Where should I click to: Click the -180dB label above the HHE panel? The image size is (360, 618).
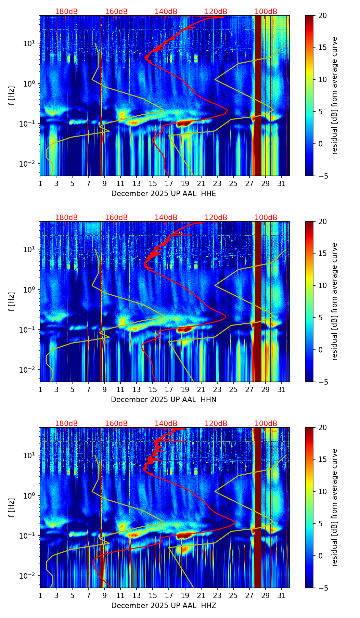65,12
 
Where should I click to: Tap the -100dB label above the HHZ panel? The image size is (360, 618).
265,424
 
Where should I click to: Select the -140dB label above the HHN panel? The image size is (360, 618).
165,218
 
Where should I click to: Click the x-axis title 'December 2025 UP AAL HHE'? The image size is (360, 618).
164,194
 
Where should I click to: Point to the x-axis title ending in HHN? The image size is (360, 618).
164,400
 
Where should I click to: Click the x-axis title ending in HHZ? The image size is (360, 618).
164,606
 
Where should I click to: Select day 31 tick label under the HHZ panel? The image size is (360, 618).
282,595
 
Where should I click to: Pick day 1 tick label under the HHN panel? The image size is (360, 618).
40,389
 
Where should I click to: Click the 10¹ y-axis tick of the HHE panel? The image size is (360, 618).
30,43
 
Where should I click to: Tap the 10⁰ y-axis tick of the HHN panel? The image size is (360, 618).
30,290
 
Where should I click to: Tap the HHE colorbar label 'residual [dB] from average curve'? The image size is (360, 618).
334,95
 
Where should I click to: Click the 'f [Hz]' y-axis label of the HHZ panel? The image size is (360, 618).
12,507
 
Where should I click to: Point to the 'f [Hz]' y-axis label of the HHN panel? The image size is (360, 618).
12,301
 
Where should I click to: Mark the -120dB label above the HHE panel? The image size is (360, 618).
215,12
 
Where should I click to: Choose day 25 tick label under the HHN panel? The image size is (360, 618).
233,389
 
